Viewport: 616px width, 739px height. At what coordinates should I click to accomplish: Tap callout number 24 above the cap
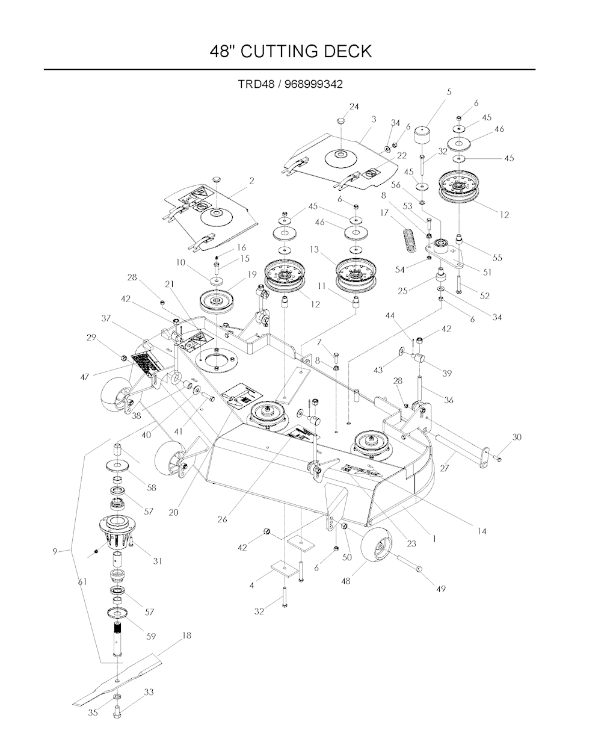(x=354, y=107)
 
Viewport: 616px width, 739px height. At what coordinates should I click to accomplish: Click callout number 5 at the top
(x=449, y=92)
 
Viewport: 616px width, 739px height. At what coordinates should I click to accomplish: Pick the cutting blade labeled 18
(x=120, y=681)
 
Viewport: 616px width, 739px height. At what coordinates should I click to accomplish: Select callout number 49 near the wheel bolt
(x=441, y=589)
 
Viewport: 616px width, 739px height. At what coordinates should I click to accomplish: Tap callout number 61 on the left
(x=82, y=582)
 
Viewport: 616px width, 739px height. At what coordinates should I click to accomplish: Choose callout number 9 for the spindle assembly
(x=55, y=550)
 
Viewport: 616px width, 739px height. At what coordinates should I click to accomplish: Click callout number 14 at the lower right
(x=482, y=531)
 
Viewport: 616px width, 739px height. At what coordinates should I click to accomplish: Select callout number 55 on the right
(x=497, y=257)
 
